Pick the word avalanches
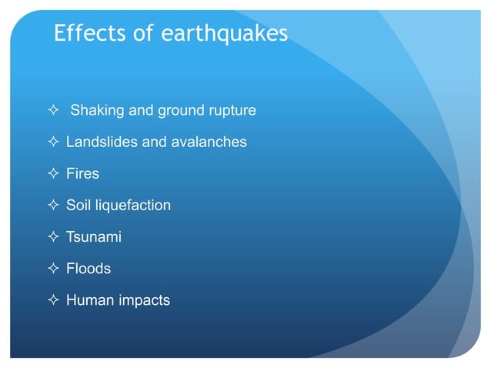coord(209,142)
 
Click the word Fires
coord(82,174)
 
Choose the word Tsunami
coord(93,237)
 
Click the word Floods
coord(88,269)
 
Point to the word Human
coord(90,300)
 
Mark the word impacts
coord(144,301)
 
